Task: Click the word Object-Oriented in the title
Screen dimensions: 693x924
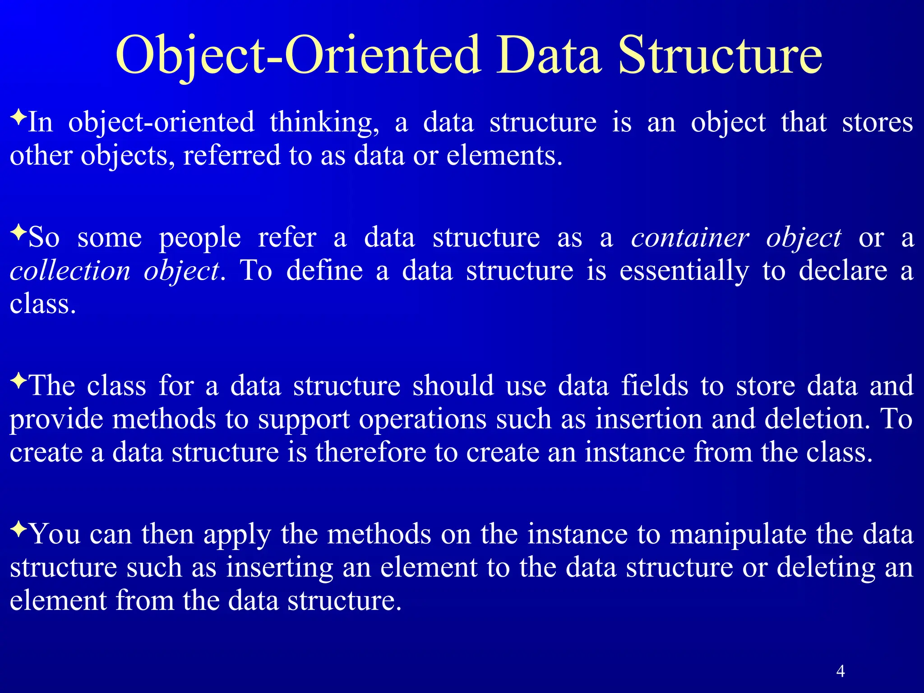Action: pyautogui.click(x=298, y=56)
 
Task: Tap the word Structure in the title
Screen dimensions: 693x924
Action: pyautogui.click(x=720, y=56)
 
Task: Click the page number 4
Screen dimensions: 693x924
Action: pyautogui.click(x=840, y=671)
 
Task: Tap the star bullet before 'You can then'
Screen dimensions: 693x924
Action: pyautogui.click(x=18, y=529)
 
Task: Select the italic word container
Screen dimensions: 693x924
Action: pyautogui.click(x=690, y=238)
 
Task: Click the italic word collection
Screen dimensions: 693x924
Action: pyautogui.click(x=70, y=271)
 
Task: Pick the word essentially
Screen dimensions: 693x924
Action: pyautogui.click(x=684, y=271)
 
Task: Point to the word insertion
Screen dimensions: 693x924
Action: pyautogui.click(x=648, y=419)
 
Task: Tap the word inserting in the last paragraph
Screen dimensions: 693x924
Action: pyautogui.click(x=279, y=568)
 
